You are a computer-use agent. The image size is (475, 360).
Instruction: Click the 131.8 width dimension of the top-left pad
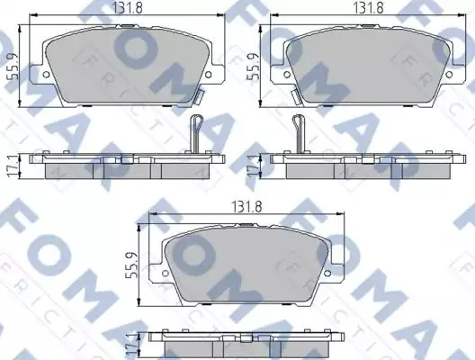(127, 8)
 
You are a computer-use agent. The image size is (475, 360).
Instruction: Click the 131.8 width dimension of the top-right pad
(369, 8)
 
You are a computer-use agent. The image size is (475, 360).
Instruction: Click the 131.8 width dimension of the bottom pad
(246, 207)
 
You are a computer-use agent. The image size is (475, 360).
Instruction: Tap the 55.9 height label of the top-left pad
(13, 67)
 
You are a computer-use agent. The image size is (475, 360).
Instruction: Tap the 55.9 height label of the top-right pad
(254, 67)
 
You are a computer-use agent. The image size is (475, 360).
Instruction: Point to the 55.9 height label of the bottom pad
(131, 265)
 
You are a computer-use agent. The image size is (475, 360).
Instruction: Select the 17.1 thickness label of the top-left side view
(13, 166)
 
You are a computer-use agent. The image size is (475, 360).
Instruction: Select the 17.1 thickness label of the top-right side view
(253, 166)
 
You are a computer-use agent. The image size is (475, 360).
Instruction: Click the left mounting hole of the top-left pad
(46, 74)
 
